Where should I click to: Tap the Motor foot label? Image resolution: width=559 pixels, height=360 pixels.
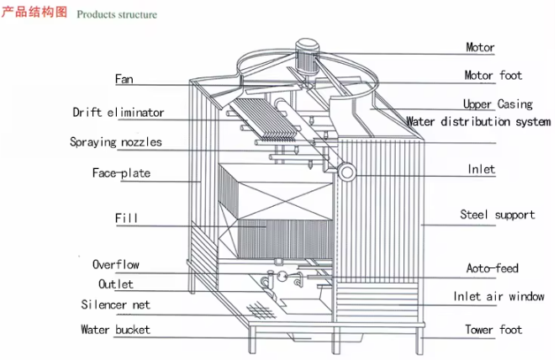(x=493, y=76)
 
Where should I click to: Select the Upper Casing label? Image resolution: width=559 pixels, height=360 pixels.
(x=498, y=104)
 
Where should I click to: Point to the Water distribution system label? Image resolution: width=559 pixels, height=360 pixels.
(x=478, y=122)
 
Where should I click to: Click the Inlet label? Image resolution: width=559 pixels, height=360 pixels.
(x=481, y=170)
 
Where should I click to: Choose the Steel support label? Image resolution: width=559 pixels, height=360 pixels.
(x=497, y=214)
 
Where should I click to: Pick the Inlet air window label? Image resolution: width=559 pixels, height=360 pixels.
(x=498, y=297)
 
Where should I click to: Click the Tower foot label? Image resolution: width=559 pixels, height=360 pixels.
(x=493, y=330)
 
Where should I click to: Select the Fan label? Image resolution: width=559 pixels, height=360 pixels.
(x=124, y=80)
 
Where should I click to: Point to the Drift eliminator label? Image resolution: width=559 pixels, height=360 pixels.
(x=119, y=112)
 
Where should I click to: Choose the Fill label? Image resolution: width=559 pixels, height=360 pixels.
(x=126, y=219)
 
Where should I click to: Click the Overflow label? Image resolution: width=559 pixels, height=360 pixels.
(x=116, y=264)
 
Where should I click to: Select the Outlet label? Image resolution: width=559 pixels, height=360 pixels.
(x=116, y=284)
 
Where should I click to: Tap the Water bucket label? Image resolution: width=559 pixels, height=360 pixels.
(x=115, y=330)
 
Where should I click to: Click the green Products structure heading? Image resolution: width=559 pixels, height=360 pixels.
(x=117, y=15)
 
